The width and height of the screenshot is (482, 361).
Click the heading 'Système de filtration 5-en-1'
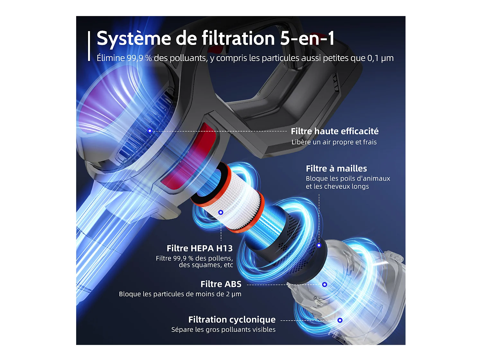tap(216, 39)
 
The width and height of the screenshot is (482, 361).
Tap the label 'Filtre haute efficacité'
tap(335, 131)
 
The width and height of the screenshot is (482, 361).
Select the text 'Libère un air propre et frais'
tap(334, 142)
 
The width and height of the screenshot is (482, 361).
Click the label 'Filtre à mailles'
tap(336, 168)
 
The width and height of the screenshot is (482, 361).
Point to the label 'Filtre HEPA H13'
tap(199, 248)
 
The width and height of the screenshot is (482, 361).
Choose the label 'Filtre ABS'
tap(221, 284)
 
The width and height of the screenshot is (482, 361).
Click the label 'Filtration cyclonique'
tap(232, 320)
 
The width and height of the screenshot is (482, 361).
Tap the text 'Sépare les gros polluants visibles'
tap(223, 330)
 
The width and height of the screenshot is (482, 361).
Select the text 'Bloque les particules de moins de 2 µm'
tap(180, 294)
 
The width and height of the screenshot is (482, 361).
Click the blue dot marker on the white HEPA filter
tap(221, 212)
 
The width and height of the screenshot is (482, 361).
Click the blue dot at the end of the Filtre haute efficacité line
tap(150, 131)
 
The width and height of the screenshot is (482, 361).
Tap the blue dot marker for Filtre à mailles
tap(319, 245)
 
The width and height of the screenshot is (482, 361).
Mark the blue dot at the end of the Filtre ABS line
tap(325, 285)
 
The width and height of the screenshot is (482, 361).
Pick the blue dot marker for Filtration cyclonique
tap(340, 320)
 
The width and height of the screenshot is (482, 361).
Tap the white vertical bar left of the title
tap(89, 46)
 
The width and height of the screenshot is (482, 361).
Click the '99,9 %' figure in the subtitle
tap(139, 58)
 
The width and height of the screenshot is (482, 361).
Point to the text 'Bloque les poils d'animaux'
tap(348, 179)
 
